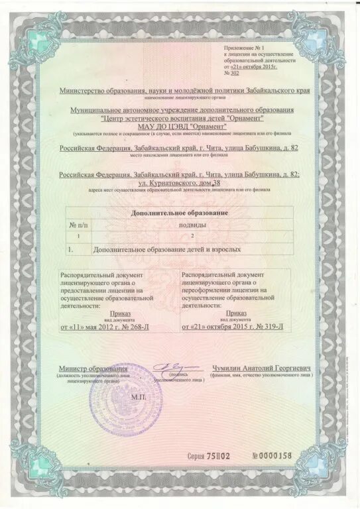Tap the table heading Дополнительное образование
tap(181, 213)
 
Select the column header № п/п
tap(80, 225)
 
